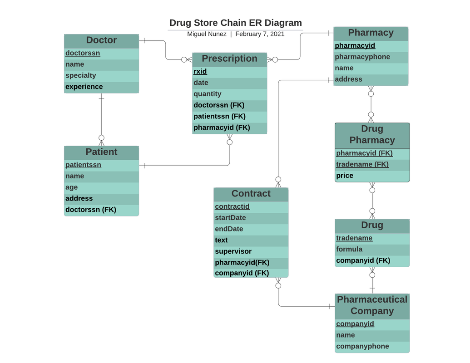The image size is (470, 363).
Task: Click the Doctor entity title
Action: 101,40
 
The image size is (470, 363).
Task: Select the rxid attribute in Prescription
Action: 200,72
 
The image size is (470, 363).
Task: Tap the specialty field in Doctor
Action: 81,75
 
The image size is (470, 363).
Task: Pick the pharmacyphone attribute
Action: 362,57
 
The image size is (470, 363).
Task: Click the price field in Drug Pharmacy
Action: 345,176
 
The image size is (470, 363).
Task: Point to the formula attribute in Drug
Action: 349,249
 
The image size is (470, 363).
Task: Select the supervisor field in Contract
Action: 233,251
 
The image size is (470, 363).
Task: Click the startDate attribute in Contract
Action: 230,218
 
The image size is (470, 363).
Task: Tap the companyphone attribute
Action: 362,346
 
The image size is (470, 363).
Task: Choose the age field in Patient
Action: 71,187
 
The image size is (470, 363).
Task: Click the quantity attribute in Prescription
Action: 207,94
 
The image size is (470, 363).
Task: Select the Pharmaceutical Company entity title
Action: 372,305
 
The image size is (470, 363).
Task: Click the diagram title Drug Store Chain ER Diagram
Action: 235,23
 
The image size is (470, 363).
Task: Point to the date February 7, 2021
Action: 260,34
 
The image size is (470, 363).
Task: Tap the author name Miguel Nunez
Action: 206,34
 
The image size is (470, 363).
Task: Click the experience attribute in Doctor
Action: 84,87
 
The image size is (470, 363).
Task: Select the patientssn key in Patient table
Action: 83,165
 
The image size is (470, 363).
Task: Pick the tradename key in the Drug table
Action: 354,238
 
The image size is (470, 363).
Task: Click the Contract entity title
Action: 251,194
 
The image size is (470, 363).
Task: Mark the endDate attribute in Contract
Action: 229,229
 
